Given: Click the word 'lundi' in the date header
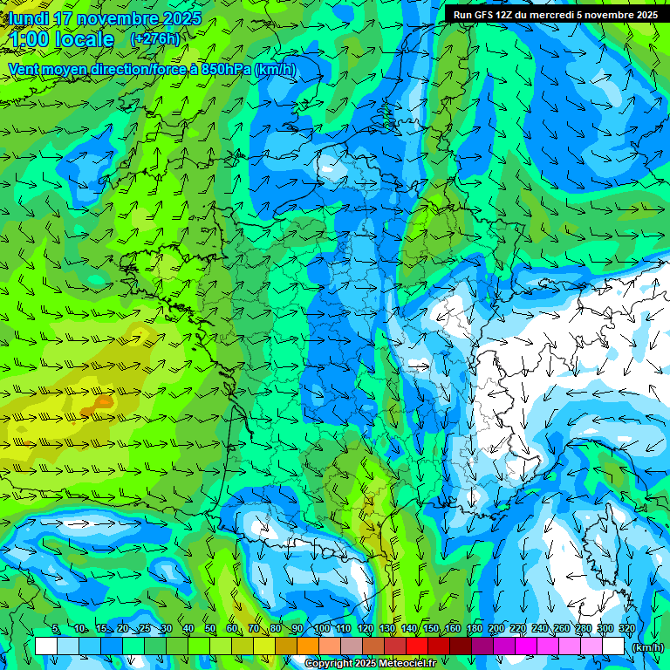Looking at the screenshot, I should tap(28, 18).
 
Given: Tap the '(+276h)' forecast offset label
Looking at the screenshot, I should tap(154, 38).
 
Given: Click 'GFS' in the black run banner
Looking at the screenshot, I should tap(487, 14).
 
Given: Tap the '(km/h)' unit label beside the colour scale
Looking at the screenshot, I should tap(646, 646).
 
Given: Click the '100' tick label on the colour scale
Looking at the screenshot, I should tap(322, 629).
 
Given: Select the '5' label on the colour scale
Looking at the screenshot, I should tap(56, 629).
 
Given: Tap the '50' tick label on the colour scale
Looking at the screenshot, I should tap(209, 629).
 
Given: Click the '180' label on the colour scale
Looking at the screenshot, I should tap(475, 629).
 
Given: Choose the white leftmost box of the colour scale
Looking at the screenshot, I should tap(46, 646).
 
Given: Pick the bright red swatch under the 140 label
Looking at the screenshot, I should tap(417, 646).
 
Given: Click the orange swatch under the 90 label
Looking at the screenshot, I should tap(308, 646).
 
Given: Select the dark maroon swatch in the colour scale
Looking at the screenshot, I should tap(461, 646).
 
